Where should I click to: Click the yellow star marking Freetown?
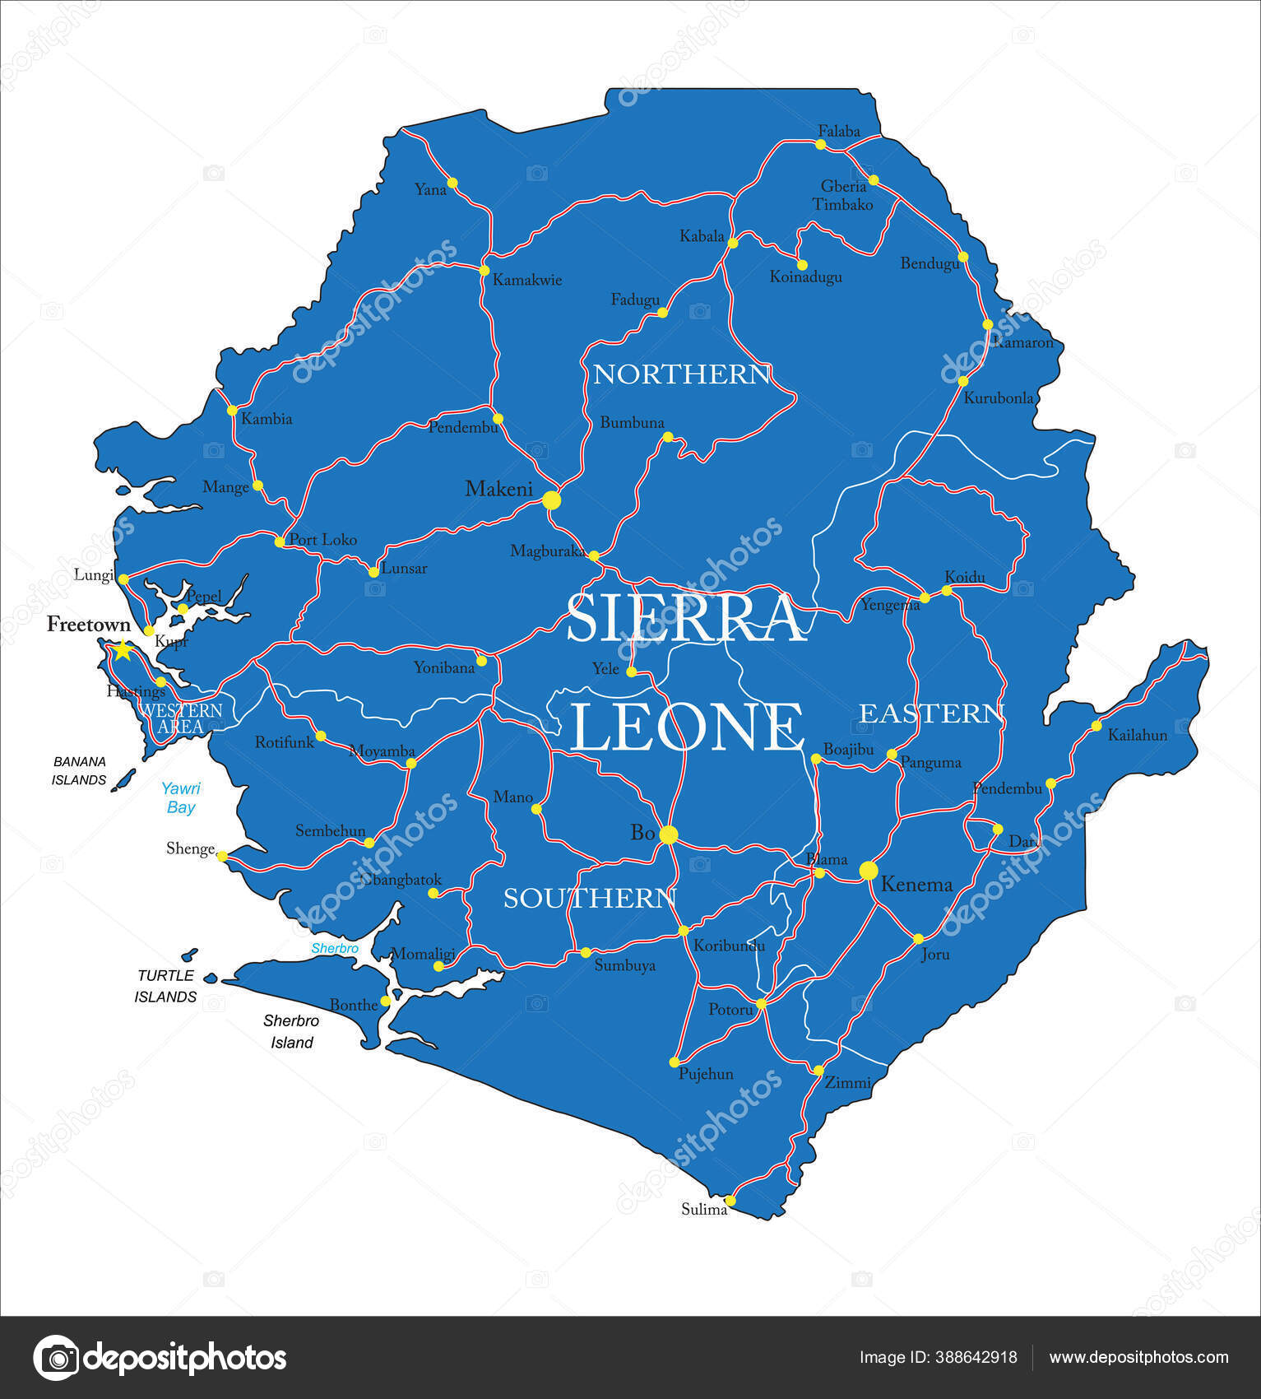[122, 650]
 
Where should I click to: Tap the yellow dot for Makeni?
[551, 500]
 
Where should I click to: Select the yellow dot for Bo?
[668, 834]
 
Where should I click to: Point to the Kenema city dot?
[869, 870]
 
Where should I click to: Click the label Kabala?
[701, 236]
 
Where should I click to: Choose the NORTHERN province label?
[681, 374]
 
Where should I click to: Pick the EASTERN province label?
[931, 713]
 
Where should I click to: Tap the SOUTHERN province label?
[589, 898]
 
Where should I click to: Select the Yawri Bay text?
[181, 797]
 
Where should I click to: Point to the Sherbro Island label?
[291, 1031]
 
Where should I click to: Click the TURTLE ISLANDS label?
[165, 986]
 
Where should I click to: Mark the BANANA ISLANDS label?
[79, 770]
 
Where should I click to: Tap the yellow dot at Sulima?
[730, 1200]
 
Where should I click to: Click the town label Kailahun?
[1137, 735]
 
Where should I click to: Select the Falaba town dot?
[820, 144]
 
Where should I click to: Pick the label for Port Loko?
[322, 540]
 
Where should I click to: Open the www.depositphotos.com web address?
[1138, 1357]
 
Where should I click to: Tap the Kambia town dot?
[232, 410]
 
